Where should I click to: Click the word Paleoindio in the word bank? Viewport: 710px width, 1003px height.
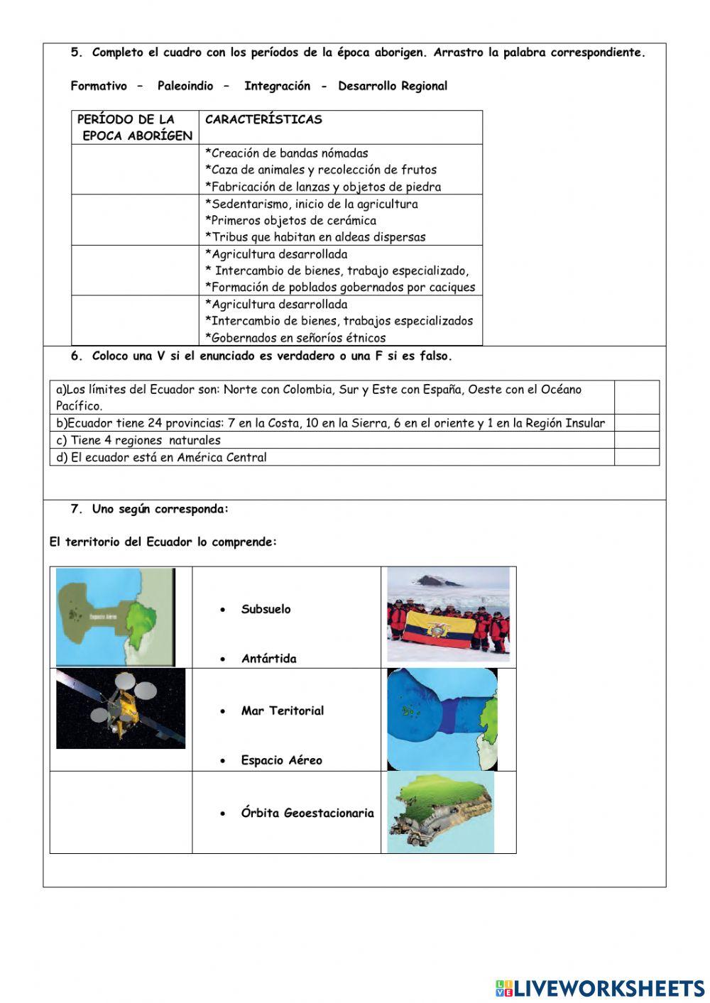pos(185,86)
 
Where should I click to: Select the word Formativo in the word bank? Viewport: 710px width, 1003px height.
pos(99,86)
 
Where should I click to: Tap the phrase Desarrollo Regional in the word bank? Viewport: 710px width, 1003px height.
pos(393,86)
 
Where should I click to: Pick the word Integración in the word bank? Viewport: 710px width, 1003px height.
pos(277,86)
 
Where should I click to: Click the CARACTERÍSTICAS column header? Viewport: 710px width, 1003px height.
pos(263,120)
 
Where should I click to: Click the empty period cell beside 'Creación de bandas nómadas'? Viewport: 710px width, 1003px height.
pos(135,170)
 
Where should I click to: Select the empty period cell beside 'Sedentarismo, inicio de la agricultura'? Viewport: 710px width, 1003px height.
pos(135,220)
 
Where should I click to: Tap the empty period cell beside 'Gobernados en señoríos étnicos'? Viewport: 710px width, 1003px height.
pos(135,321)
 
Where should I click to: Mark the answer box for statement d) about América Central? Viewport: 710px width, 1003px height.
pos(636,457)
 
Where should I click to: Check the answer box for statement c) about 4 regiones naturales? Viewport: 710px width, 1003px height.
pos(636,440)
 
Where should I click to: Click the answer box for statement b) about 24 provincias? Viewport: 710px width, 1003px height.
pos(636,423)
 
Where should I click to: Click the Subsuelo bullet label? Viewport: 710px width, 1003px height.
pos(266,609)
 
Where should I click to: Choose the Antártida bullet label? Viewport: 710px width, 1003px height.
pos(268,659)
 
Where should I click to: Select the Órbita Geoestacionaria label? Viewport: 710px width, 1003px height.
pos(307,813)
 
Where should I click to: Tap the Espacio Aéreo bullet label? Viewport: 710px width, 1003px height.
pos(281,760)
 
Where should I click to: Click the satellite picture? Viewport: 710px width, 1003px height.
pos(121,708)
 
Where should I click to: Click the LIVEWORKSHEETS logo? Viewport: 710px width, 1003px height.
pos(599,987)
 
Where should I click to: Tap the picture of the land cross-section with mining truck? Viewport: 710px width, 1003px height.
pos(440,813)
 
